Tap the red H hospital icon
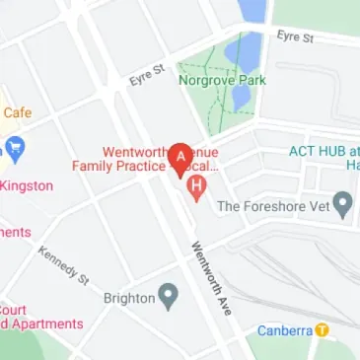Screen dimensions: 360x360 [197, 185]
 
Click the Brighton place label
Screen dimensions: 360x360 [129, 297]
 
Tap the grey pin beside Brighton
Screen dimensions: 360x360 [169, 296]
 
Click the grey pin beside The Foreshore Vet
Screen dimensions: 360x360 [343, 205]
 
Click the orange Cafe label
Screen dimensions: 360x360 [16, 113]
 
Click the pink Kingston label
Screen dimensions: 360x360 [27, 185]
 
